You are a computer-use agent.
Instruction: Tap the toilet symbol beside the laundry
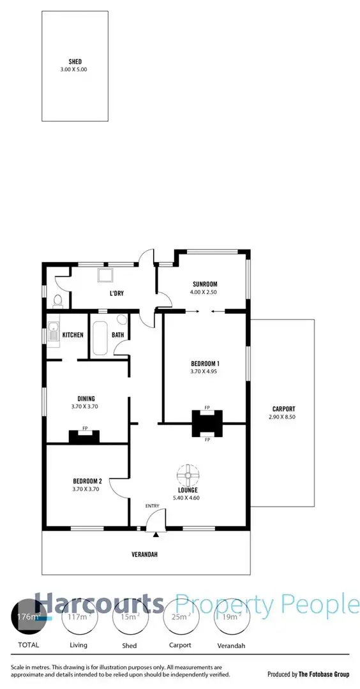(57, 300)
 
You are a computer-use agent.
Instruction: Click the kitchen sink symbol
(54, 334)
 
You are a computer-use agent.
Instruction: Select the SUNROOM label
(205, 285)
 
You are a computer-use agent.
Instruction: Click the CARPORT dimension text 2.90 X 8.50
(282, 417)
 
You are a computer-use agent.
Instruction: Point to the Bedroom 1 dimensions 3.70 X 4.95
(204, 371)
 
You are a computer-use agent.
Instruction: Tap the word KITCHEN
(73, 335)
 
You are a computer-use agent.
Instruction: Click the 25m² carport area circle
(181, 616)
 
